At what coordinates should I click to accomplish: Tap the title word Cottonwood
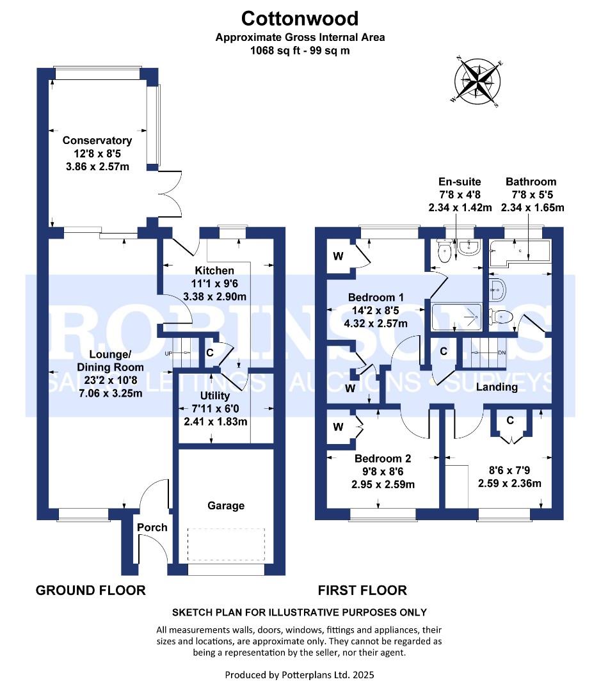click(x=300, y=19)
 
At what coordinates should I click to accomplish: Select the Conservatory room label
click(x=97, y=141)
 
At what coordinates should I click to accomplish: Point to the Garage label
click(x=226, y=505)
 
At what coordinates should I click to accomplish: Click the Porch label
click(x=152, y=527)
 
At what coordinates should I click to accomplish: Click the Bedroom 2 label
click(x=383, y=458)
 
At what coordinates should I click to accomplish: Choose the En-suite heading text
click(x=459, y=182)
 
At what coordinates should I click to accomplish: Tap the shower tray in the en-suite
click(x=456, y=314)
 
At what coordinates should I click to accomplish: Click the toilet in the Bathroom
click(x=501, y=315)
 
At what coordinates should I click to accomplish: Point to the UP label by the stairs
click(x=169, y=353)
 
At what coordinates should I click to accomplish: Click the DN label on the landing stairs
click(x=502, y=353)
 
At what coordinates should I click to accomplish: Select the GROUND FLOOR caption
click(x=90, y=590)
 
